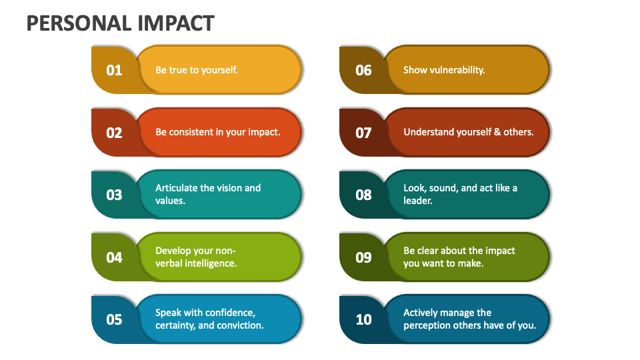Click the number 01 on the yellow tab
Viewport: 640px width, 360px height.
click(x=114, y=70)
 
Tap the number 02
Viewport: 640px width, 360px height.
click(x=114, y=133)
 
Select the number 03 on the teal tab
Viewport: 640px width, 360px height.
click(x=114, y=195)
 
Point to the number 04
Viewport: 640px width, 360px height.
click(x=114, y=257)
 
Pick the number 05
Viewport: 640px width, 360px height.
click(x=114, y=319)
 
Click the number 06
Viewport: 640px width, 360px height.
click(x=363, y=70)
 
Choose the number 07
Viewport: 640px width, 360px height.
click(x=363, y=133)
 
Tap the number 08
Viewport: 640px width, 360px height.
click(x=363, y=195)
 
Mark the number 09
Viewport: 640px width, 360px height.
click(x=363, y=257)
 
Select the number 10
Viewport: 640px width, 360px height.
click(x=363, y=319)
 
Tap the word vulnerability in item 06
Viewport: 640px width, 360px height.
click(x=457, y=69)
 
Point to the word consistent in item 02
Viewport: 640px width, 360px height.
click(x=195, y=132)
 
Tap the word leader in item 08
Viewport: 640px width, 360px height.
click(x=417, y=201)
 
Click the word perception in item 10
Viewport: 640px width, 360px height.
click(x=427, y=325)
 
